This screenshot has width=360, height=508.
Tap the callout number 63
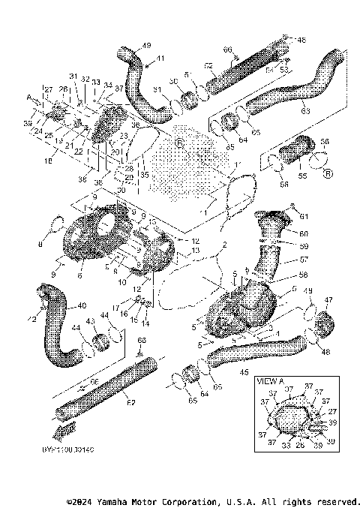point(304,110)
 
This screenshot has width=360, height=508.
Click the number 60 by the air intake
point(304,234)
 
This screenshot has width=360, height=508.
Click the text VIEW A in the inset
point(270,381)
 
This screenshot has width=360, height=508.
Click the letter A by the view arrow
point(29,97)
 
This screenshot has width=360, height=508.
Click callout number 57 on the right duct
point(304,258)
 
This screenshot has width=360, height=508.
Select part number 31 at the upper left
point(73,77)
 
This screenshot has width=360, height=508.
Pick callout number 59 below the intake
point(304,245)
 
